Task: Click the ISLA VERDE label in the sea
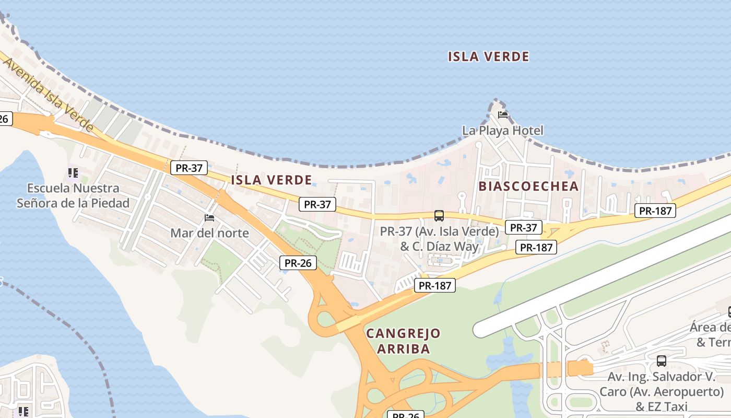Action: [x=488, y=56]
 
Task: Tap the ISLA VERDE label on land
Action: [x=271, y=180]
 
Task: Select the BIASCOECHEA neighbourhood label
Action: [x=528, y=187]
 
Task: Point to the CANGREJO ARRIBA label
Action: [x=403, y=341]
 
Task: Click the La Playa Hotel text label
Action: [x=502, y=131]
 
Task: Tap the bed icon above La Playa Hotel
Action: [x=503, y=114]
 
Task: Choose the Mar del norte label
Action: [x=209, y=233]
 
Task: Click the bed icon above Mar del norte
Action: [x=209, y=217]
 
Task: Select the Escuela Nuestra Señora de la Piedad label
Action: [x=73, y=195]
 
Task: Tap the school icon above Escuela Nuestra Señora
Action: [x=73, y=172]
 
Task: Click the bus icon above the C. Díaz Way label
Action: [x=439, y=215]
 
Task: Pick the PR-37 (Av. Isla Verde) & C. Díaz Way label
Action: [x=439, y=238]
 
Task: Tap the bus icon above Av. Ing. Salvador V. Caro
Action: [x=661, y=361]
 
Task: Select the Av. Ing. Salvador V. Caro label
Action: [x=661, y=391]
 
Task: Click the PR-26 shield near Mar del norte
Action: [x=298, y=263]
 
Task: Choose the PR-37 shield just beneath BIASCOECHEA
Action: [x=523, y=227]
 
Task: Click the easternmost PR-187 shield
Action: [x=655, y=211]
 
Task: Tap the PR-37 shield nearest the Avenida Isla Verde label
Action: [x=188, y=168]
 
